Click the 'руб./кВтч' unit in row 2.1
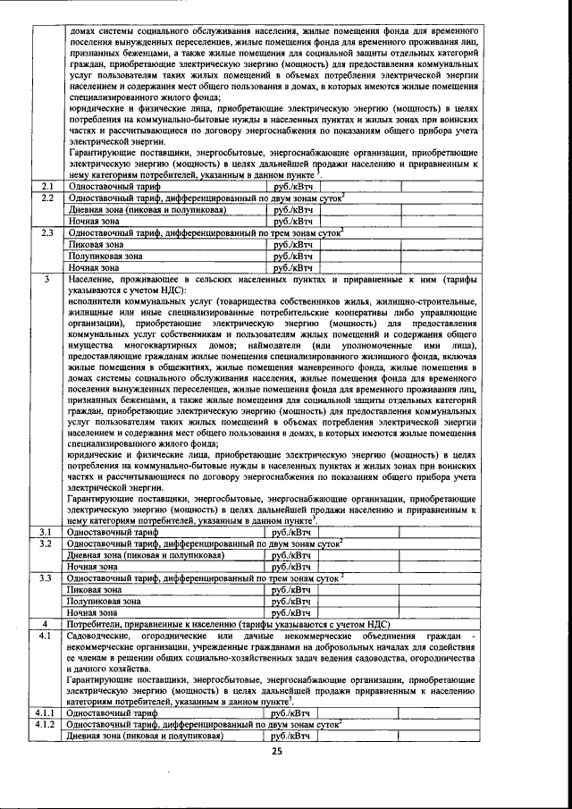pos(293,186)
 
